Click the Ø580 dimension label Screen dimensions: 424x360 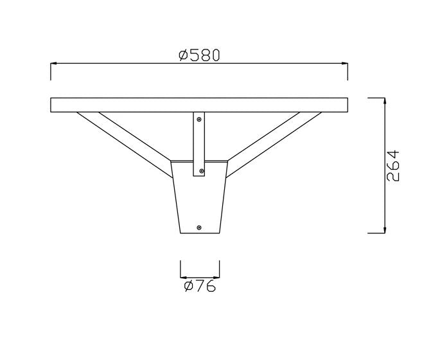tap(200, 55)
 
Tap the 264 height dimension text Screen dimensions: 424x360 tap(393, 165)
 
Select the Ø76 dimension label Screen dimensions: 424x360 tap(200, 286)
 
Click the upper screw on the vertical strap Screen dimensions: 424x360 tap(199, 120)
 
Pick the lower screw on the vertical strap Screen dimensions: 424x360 tap(201, 171)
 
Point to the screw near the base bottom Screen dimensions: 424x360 tap(199, 228)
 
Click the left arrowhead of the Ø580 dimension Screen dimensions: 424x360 tap(53, 64)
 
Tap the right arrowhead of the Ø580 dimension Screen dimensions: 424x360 tap(344, 64)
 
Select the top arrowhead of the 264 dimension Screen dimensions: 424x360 tap(385, 101)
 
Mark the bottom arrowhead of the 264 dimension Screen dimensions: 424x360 tap(385, 230)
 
